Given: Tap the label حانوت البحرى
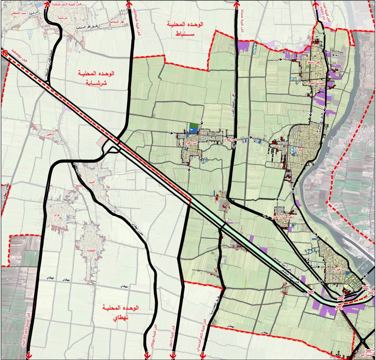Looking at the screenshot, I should click(x=315, y=83).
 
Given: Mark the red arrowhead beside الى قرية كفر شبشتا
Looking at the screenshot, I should click(x=47, y=3).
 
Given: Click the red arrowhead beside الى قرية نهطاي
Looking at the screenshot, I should click(x=147, y=355).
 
